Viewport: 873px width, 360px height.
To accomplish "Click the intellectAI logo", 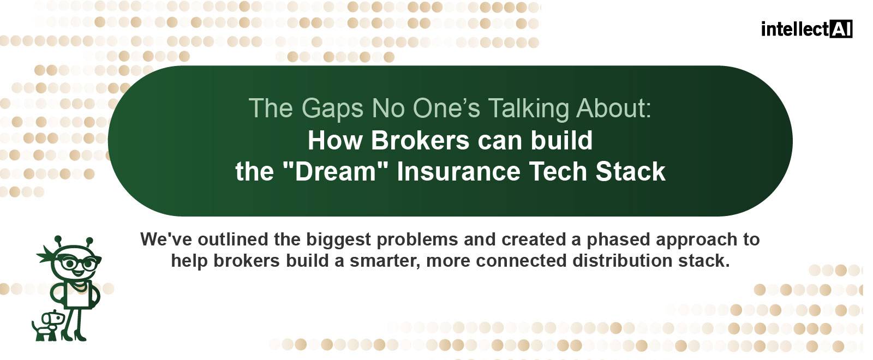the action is coord(807,29).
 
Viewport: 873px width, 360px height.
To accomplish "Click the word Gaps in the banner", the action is coord(332,109).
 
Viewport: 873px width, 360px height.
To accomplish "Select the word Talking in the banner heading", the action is coord(529,109).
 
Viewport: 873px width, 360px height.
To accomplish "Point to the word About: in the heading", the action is coord(614,108).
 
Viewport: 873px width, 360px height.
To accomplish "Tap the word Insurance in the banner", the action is coord(459,171).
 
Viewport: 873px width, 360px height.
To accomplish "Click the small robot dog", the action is coord(47,326).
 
